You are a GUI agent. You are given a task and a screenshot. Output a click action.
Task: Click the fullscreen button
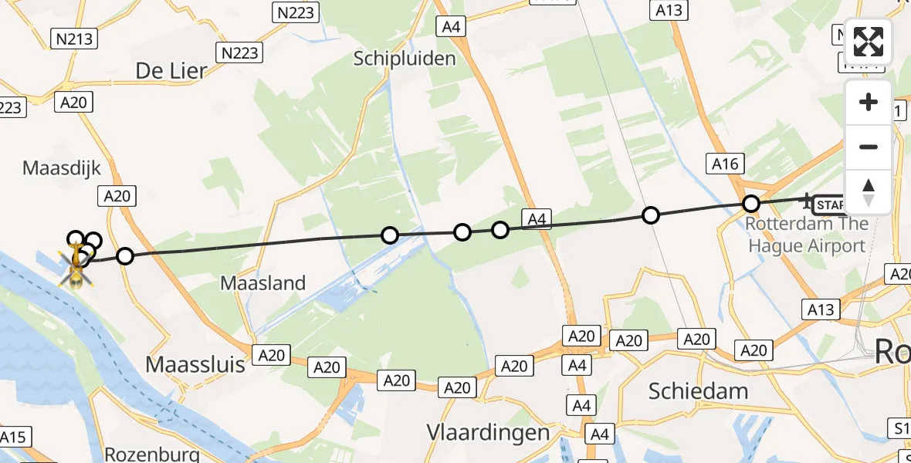point(869,42)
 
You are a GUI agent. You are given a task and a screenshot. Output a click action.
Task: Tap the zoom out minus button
point(869,147)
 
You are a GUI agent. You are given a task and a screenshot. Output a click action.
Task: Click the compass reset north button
point(869,191)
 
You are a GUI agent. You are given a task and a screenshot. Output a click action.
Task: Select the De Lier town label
point(171,71)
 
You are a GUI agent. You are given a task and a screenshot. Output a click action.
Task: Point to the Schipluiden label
point(405,58)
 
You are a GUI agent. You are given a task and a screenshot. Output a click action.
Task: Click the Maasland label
point(263,283)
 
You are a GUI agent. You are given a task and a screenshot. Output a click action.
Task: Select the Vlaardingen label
point(489,433)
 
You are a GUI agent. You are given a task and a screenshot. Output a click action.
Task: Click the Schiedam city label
point(698,390)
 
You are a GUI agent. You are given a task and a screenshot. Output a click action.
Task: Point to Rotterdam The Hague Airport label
point(807,235)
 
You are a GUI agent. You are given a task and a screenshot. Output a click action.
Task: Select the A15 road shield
point(13,438)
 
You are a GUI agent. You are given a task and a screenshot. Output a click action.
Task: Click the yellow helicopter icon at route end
point(76,264)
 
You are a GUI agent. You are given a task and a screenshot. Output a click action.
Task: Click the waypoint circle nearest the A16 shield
point(751,204)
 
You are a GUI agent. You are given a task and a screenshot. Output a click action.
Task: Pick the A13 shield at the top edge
point(669,10)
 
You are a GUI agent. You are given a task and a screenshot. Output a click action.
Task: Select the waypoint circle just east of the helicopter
point(124,256)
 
